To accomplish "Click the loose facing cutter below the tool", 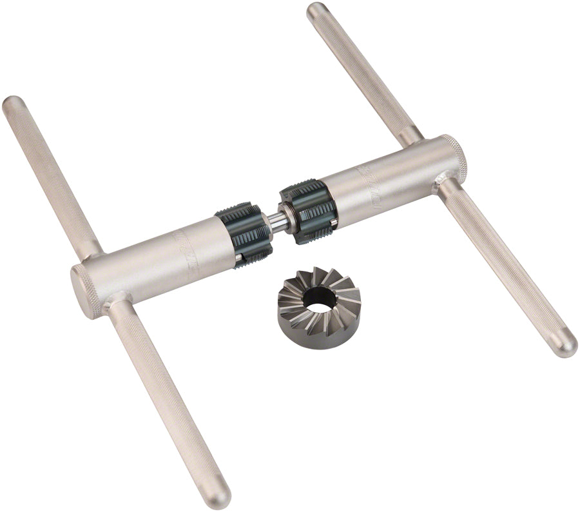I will click(x=318, y=302).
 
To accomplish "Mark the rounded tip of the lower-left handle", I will click(x=218, y=498).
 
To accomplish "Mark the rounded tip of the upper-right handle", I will click(x=316, y=10).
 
